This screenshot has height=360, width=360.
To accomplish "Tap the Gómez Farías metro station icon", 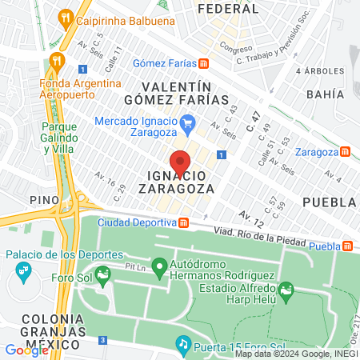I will (x=205, y=63).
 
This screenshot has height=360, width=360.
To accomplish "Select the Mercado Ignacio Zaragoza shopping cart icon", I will (x=189, y=122).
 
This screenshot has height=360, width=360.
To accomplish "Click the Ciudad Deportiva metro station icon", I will (x=183, y=222).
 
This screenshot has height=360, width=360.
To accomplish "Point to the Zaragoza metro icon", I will (x=345, y=151).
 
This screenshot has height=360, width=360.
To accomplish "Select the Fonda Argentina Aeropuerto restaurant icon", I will (x=56, y=60).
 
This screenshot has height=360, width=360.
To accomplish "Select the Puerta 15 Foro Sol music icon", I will (x=182, y=345).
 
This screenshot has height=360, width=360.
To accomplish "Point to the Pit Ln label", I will (x=135, y=266).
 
